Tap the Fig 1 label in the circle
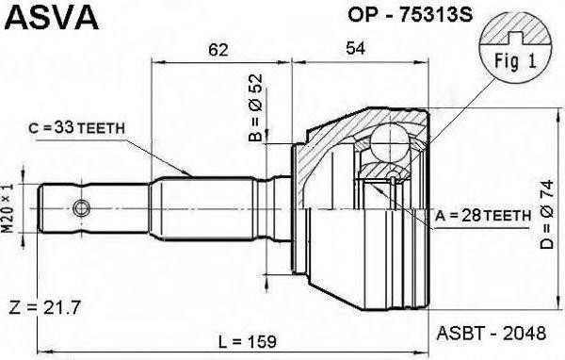(515, 62)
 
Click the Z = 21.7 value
(43, 308)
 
